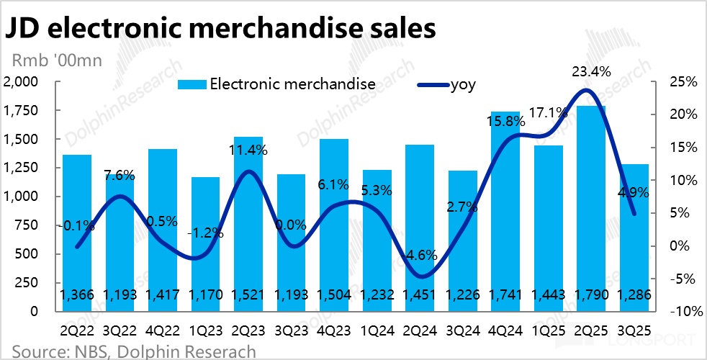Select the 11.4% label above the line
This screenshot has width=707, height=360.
(x=248, y=150)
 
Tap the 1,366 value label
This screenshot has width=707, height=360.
(x=77, y=294)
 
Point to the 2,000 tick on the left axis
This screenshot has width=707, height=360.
(x=23, y=81)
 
